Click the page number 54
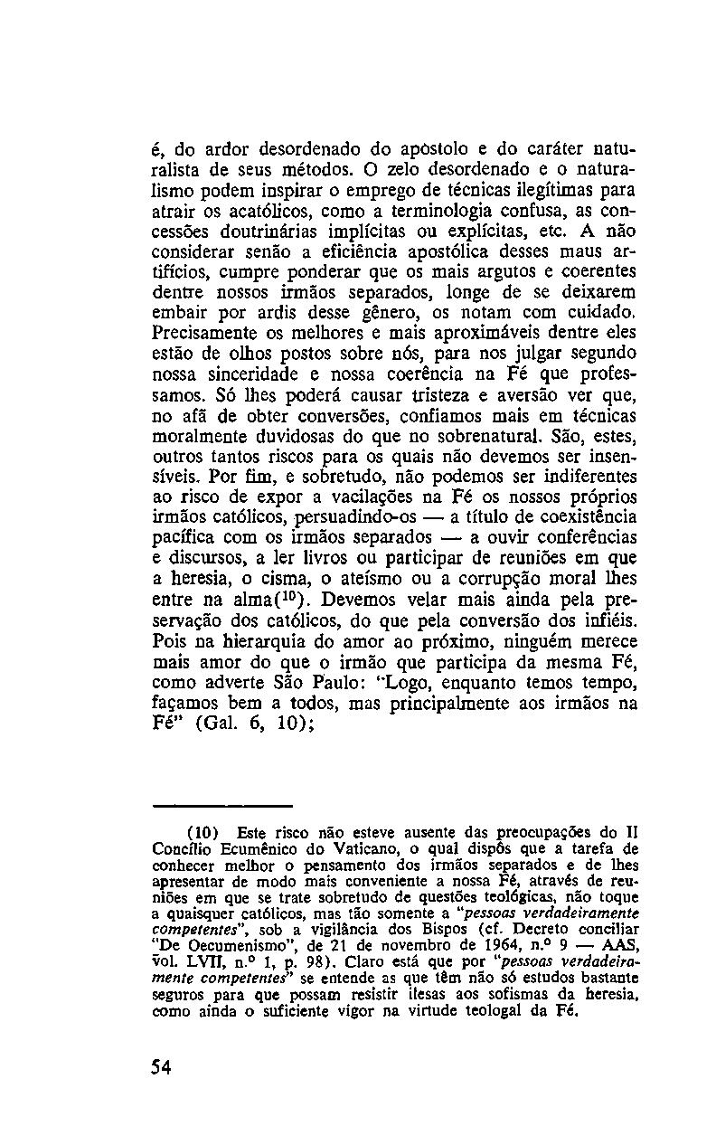(x=162, y=1067)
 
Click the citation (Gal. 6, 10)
(x=254, y=724)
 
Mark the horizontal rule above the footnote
(x=222, y=804)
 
